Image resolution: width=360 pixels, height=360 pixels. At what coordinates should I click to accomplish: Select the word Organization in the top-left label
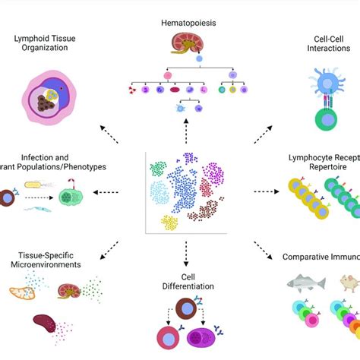pos(46,47)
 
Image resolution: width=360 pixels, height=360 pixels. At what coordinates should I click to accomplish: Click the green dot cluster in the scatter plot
pos(159,169)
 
